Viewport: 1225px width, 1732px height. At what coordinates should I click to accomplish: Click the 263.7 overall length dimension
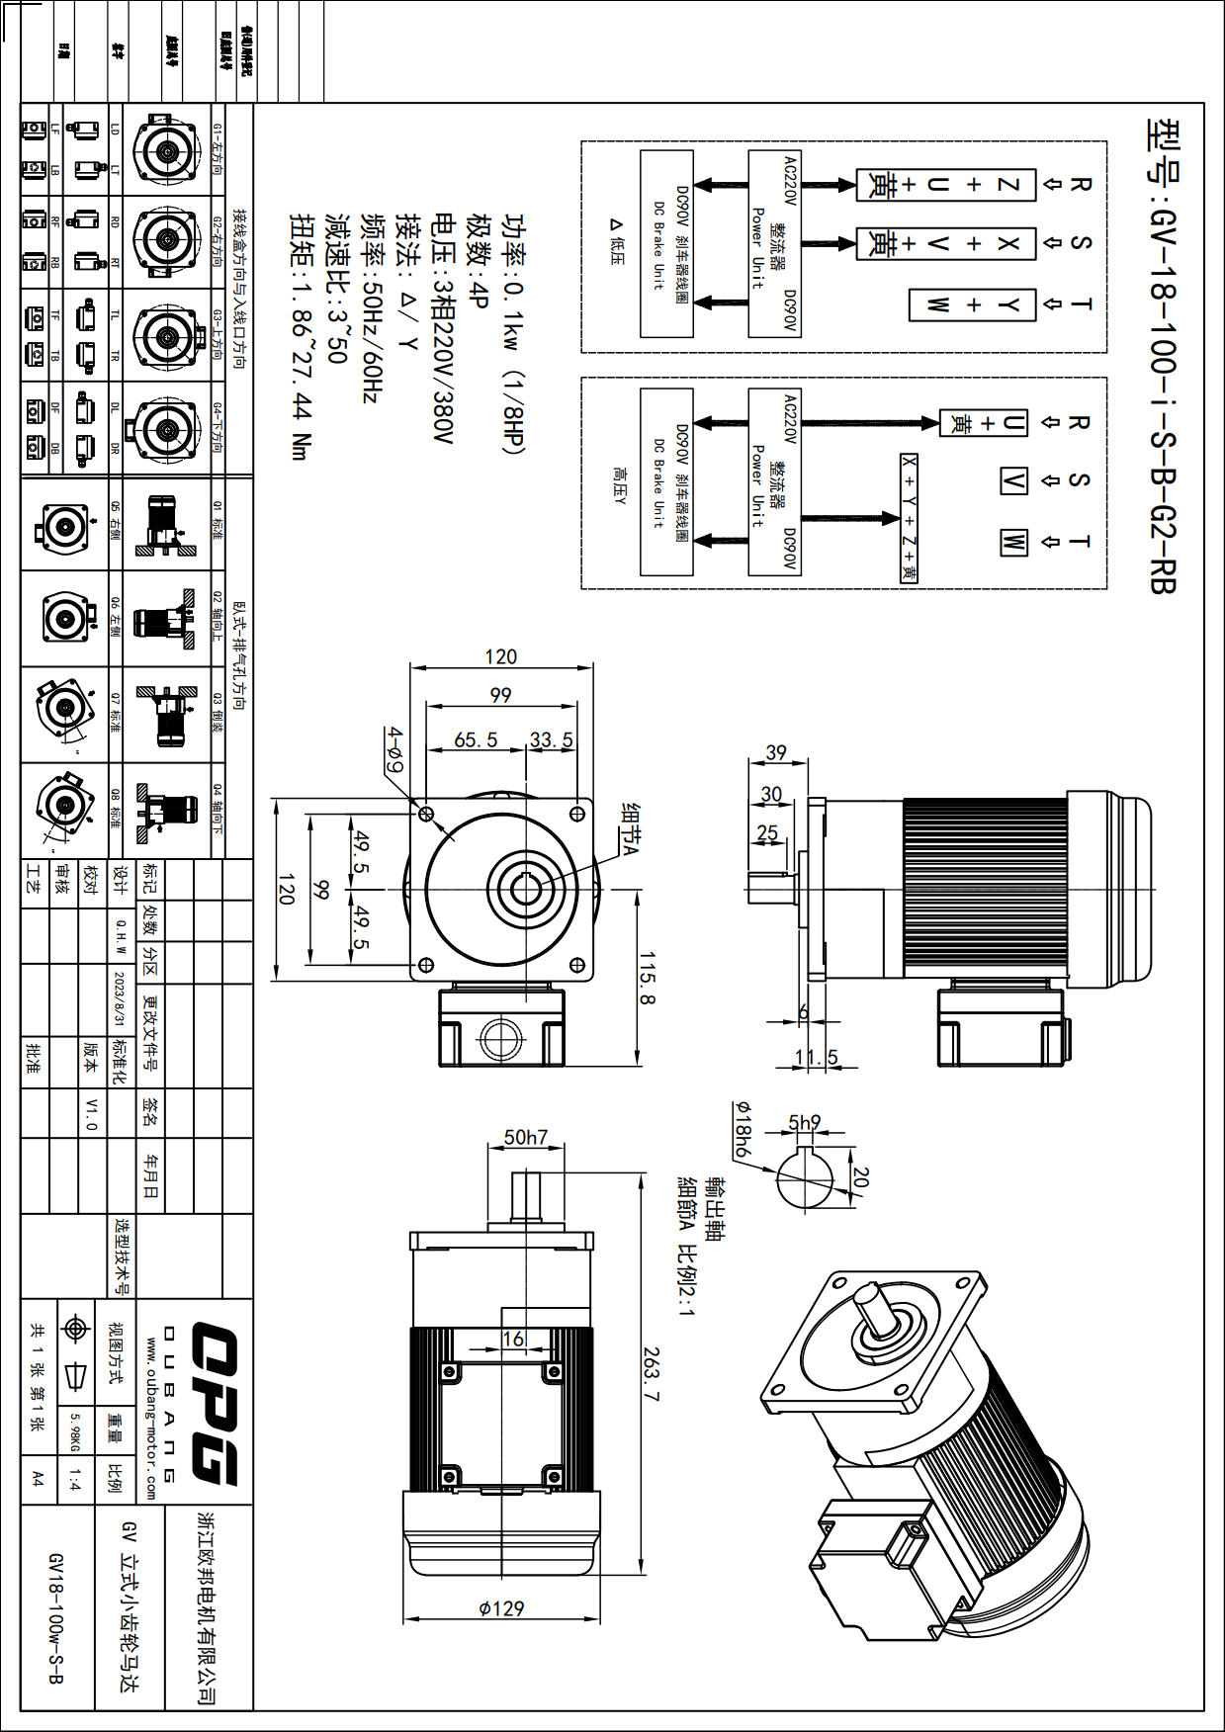tap(650, 1373)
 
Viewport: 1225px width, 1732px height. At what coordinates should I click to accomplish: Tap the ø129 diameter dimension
tap(501, 1608)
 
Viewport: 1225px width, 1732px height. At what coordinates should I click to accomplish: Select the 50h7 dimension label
tap(525, 1137)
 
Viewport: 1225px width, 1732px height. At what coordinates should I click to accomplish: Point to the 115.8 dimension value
tap(647, 979)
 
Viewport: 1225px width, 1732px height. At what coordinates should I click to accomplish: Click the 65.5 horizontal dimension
tap(476, 739)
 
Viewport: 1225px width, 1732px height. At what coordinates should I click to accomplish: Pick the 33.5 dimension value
tap(551, 739)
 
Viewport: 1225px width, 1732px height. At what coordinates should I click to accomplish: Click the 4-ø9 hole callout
tap(394, 751)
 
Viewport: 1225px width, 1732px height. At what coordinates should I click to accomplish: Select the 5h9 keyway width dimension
tap(804, 1122)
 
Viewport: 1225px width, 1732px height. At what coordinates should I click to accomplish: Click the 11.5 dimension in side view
tap(817, 1057)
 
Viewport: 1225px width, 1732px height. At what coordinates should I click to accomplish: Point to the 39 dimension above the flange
tap(776, 752)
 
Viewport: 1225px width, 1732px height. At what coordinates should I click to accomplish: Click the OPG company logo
tap(213, 1404)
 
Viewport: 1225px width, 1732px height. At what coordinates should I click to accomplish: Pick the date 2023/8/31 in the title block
tap(120, 998)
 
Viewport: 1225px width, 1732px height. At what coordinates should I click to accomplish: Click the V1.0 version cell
tap(91, 1113)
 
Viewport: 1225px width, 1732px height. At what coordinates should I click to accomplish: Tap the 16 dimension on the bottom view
tap(513, 1339)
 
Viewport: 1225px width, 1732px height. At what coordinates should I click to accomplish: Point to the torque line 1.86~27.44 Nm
tap(300, 336)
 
